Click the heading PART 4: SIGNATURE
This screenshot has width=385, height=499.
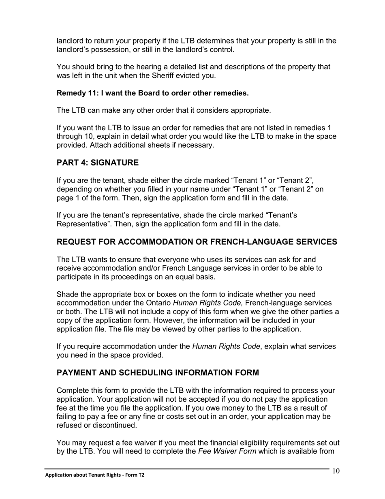[97, 163]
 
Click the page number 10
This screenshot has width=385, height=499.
[336, 471]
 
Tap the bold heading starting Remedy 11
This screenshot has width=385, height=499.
[152, 93]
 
